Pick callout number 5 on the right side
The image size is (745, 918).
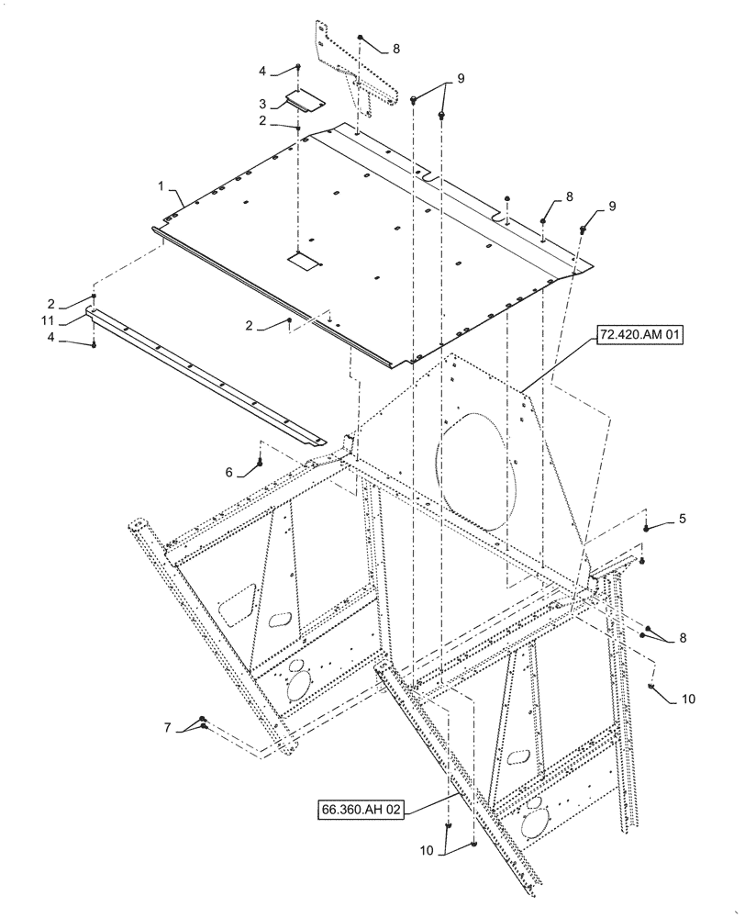pyautogui.click(x=682, y=520)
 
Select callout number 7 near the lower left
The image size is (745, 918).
pyautogui.click(x=167, y=727)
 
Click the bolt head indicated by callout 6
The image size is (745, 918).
pyautogui.click(x=261, y=463)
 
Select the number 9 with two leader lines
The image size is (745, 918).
pyautogui.click(x=461, y=79)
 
